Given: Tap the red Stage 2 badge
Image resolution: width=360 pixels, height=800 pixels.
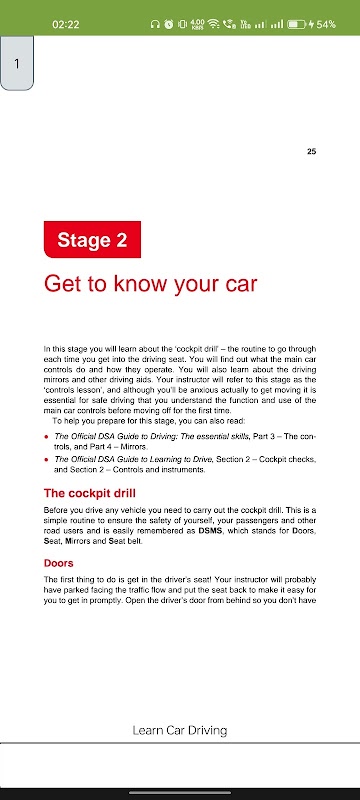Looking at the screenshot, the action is point(92,239).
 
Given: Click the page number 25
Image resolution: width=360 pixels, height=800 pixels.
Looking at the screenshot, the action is point(312,152).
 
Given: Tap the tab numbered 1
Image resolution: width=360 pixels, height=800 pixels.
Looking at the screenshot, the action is point(17,63).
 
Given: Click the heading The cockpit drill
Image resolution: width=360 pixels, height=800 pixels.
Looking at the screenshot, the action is point(90,493).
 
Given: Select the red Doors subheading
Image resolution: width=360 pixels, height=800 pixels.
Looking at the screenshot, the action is point(59,563).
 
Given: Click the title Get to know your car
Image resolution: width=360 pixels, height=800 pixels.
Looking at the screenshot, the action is point(150,284).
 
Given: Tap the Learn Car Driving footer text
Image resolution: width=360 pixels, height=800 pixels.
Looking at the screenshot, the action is point(179,730).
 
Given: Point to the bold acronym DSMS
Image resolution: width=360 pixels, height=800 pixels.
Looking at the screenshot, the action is point(211,532).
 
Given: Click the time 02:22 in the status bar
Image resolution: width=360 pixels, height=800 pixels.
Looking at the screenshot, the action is point(66,24).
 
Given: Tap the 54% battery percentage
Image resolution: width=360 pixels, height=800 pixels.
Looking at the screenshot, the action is point(326,24).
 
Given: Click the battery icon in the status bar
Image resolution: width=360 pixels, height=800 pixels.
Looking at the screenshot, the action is point(296,24).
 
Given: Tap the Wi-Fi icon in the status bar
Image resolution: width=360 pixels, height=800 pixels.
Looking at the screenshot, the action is point(214,24).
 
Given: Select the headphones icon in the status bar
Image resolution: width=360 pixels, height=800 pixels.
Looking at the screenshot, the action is point(155,24).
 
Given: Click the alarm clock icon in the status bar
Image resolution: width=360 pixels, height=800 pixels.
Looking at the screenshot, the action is point(169,24).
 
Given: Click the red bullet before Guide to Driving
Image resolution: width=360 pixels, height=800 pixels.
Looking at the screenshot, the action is point(46,437).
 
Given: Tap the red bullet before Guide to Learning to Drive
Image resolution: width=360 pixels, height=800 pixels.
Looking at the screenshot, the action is point(46,460).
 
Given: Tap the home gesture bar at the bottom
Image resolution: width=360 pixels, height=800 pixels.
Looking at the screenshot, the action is point(180,792).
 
